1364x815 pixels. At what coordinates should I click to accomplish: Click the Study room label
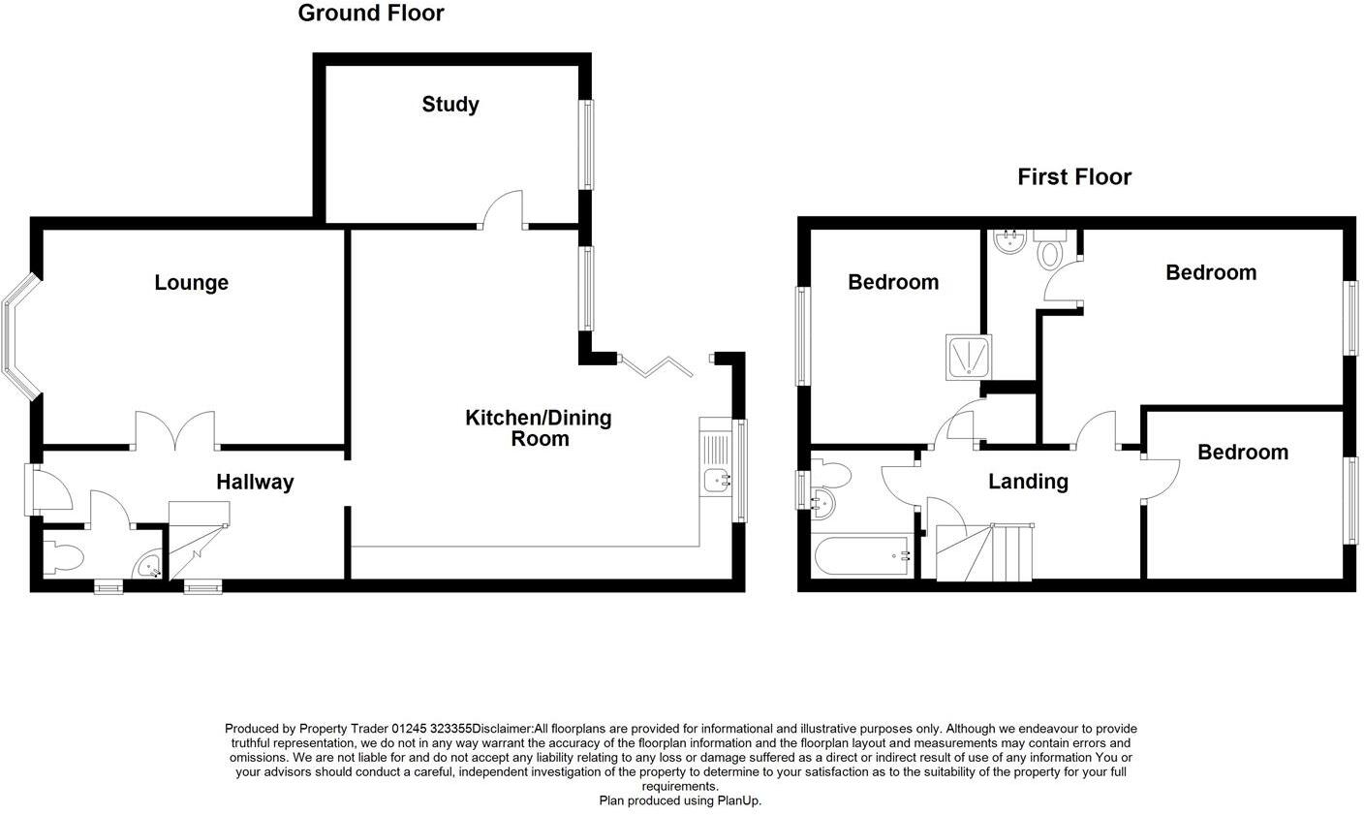coord(450,105)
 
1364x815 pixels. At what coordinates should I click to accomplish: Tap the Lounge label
coord(192,283)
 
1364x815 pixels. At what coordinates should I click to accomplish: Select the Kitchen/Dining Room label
coord(539,428)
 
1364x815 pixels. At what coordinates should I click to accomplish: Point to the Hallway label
coord(255,483)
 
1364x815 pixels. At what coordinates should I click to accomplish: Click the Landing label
coord(1028,482)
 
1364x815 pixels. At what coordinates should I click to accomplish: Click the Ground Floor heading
coord(371,14)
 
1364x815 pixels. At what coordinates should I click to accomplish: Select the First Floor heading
coord(1074,177)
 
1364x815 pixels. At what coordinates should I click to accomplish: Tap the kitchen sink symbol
coord(716,477)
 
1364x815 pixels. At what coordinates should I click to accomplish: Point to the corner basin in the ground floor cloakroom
coord(148,566)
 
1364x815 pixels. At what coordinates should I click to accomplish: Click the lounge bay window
coord(19,336)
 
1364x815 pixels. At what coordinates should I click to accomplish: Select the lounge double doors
coord(175,431)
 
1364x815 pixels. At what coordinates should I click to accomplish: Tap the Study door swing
coord(504,209)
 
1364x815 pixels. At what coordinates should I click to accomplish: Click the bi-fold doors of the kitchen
coord(658,366)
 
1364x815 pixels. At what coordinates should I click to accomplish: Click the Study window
coord(586,144)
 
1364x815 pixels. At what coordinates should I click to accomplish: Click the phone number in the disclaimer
coord(431,729)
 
